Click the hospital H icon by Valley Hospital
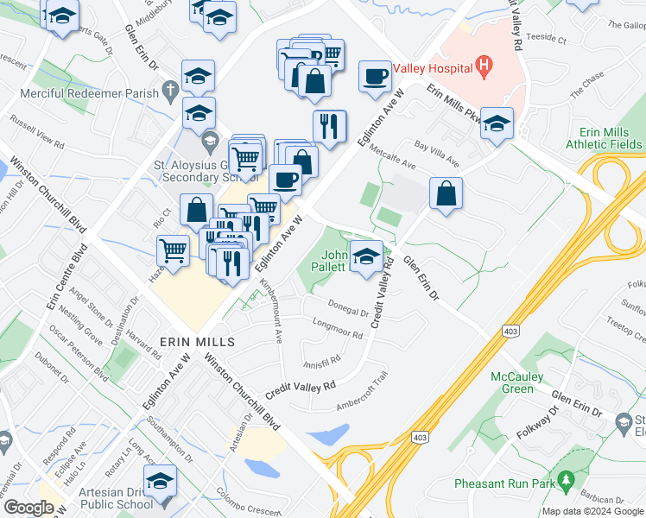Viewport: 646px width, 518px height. pyautogui.click(x=483, y=66)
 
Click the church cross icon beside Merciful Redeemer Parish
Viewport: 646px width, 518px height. pyautogui.click(x=171, y=89)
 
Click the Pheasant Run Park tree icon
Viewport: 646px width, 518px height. pyautogui.click(x=567, y=478)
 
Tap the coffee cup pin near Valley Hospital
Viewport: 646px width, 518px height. pyautogui.click(x=376, y=76)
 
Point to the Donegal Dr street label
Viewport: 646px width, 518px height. pyautogui.click(x=349, y=308)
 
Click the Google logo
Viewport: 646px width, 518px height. pyautogui.click(x=28, y=508)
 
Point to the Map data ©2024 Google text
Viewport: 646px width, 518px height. pyautogui.click(x=592, y=511)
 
